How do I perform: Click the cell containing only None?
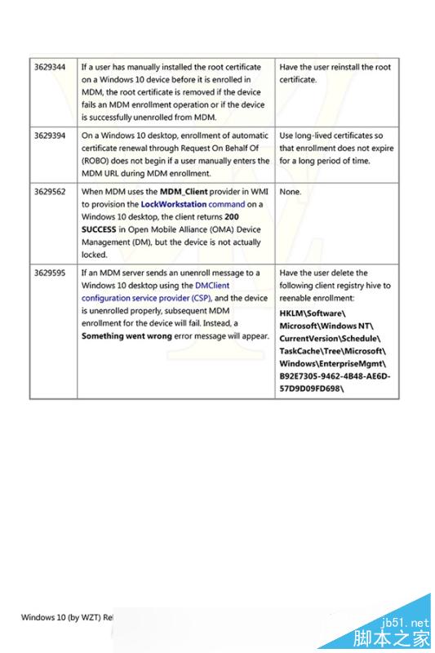click(290, 191)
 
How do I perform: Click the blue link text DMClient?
click(212, 286)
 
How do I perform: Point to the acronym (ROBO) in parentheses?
click(98, 161)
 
